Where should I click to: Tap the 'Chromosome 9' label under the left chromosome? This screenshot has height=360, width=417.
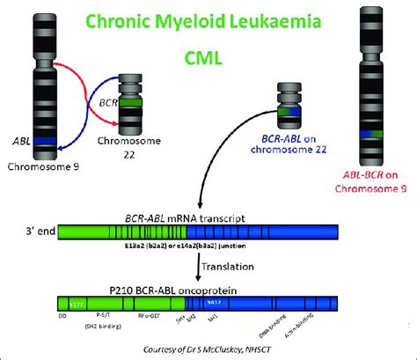tap(43, 165)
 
